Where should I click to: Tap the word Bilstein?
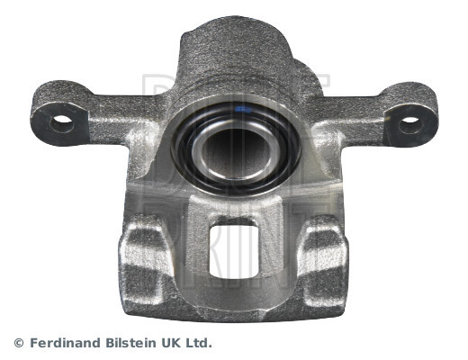(130, 343)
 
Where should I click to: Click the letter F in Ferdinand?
(32, 343)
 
